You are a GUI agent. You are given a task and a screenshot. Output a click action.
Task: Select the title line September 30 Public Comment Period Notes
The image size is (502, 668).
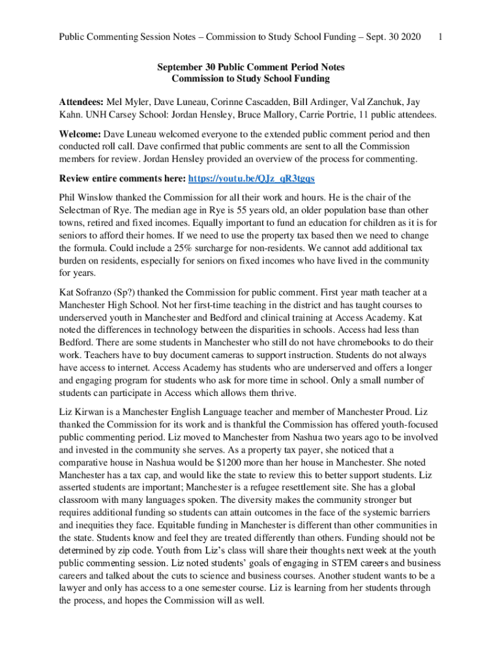250,67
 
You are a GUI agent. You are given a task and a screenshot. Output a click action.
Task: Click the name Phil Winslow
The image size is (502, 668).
87,197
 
